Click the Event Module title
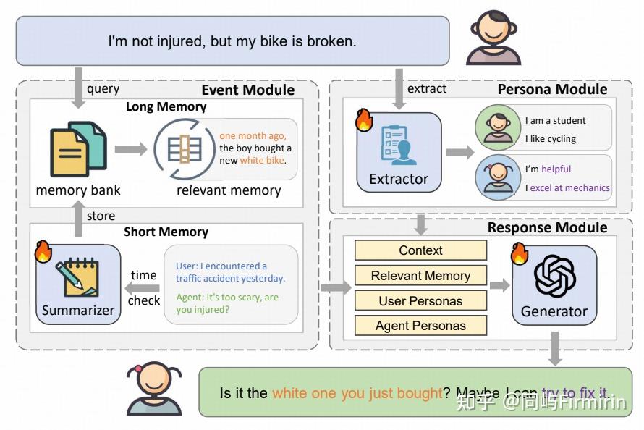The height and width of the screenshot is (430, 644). (x=247, y=90)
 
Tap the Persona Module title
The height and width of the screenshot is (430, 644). (x=552, y=89)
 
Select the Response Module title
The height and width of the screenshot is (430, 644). (x=547, y=227)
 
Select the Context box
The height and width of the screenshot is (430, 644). (x=420, y=250)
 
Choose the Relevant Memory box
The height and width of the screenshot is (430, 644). (x=420, y=276)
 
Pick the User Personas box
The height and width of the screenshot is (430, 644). (x=420, y=301)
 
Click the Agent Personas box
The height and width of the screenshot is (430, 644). (x=420, y=326)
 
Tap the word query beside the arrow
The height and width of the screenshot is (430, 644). (x=103, y=89)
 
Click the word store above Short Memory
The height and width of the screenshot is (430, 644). (x=101, y=216)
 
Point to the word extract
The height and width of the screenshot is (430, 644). (x=427, y=89)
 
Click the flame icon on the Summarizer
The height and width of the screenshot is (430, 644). (x=43, y=251)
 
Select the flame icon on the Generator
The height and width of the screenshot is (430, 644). (x=520, y=253)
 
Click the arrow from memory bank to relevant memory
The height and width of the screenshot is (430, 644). (x=130, y=150)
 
